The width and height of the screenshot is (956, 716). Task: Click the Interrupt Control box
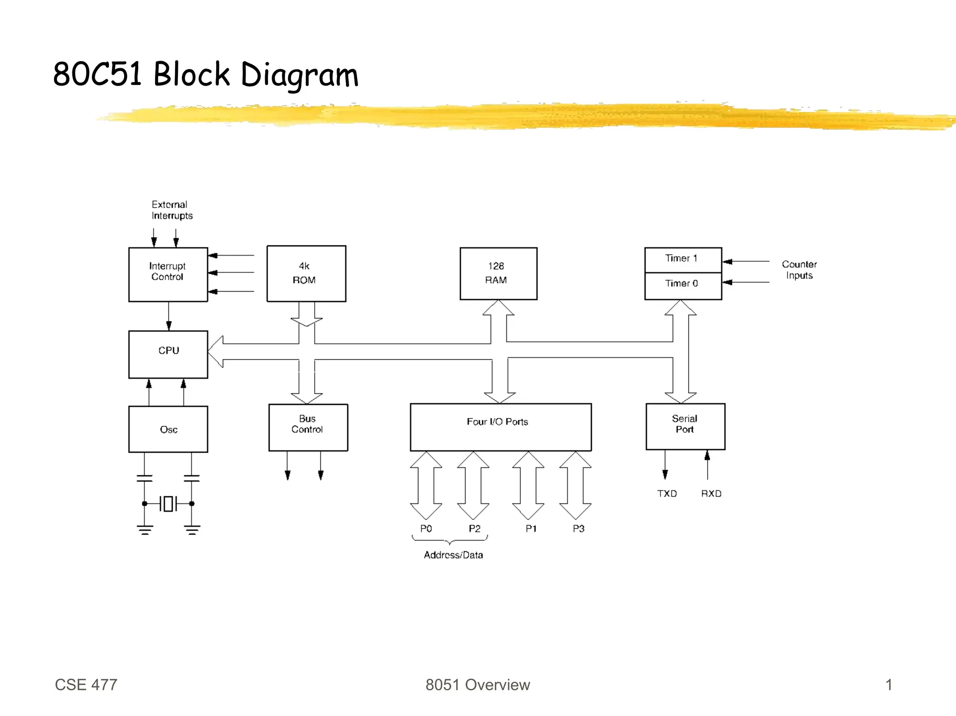point(168,274)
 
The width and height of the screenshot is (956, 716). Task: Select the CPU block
point(168,354)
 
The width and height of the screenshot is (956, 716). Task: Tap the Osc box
point(168,429)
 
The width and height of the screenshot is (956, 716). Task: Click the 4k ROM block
point(306,273)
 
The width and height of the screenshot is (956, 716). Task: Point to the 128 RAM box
point(498,273)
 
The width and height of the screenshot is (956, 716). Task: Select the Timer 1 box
point(682,259)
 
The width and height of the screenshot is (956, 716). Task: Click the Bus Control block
point(308,427)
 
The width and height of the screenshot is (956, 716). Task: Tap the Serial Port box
point(685,426)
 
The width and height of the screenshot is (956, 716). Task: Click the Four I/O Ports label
point(498,422)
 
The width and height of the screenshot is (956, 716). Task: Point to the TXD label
point(667,494)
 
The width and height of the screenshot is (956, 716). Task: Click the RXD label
point(711,494)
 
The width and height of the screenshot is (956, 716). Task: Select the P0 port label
point(426,528)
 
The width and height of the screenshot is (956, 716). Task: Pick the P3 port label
point(578,528)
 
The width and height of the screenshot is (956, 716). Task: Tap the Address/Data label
point(453,555)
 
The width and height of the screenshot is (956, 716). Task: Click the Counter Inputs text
point(799,270)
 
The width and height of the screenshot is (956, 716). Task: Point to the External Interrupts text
point(171,210)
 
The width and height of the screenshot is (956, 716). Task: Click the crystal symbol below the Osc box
point(168,504)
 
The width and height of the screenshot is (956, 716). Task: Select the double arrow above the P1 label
point(528,485)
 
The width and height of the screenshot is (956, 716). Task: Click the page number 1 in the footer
point(888,685)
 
